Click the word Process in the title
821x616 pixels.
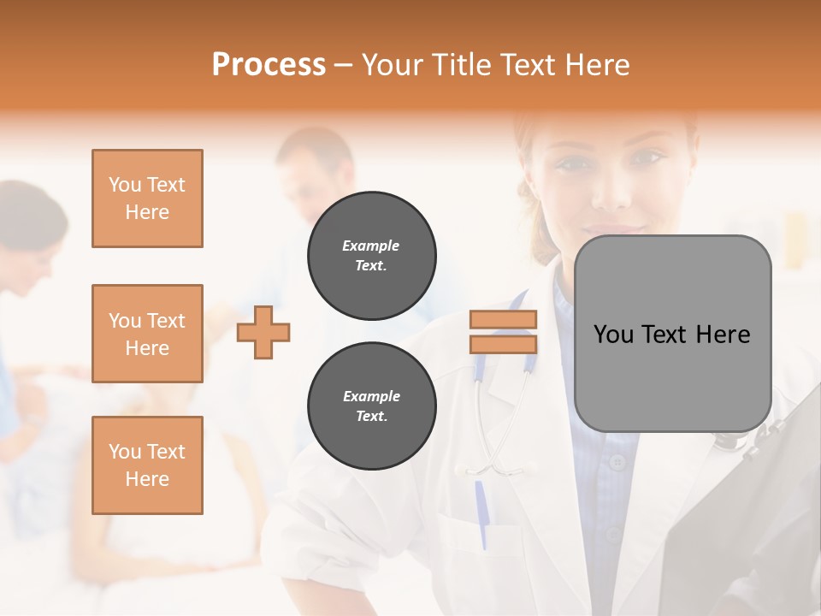[x=269, y=64]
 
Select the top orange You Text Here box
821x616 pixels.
[x=147, y=198]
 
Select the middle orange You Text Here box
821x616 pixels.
[x=147, y=334]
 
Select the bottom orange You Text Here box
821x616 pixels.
[x=147, y=465]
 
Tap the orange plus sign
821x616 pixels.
[x=263, y=332]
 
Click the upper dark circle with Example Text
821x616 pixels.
[x=371, y=256]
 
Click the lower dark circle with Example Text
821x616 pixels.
[x=371, y=406]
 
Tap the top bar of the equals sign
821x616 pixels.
[x=503, y=320]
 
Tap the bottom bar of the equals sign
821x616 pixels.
[x=503, y=344]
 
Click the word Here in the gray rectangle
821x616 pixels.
[x=722, y=335]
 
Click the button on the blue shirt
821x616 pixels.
[x=617, y=463]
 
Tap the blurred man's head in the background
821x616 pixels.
[x=315, y=163]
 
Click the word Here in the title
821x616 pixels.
[x=596, y=64]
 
